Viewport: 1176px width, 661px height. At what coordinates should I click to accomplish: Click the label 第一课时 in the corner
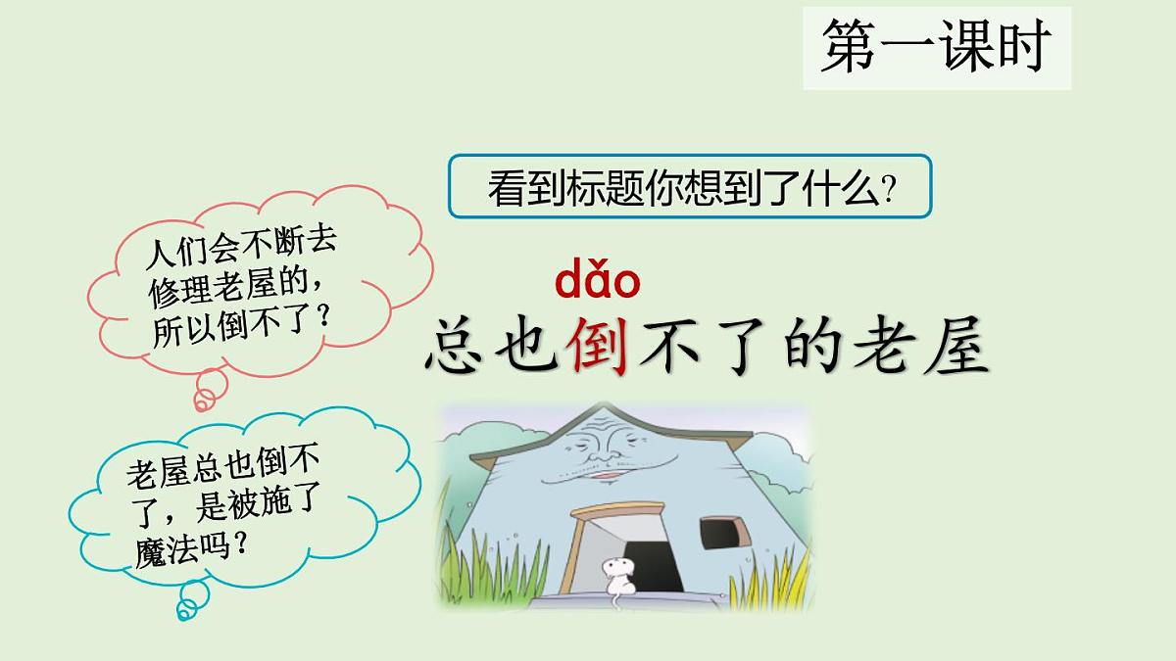(936, 47)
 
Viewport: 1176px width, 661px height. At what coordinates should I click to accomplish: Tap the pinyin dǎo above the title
(597, 281)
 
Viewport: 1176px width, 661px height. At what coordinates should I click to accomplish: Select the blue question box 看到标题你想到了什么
(690, 186)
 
